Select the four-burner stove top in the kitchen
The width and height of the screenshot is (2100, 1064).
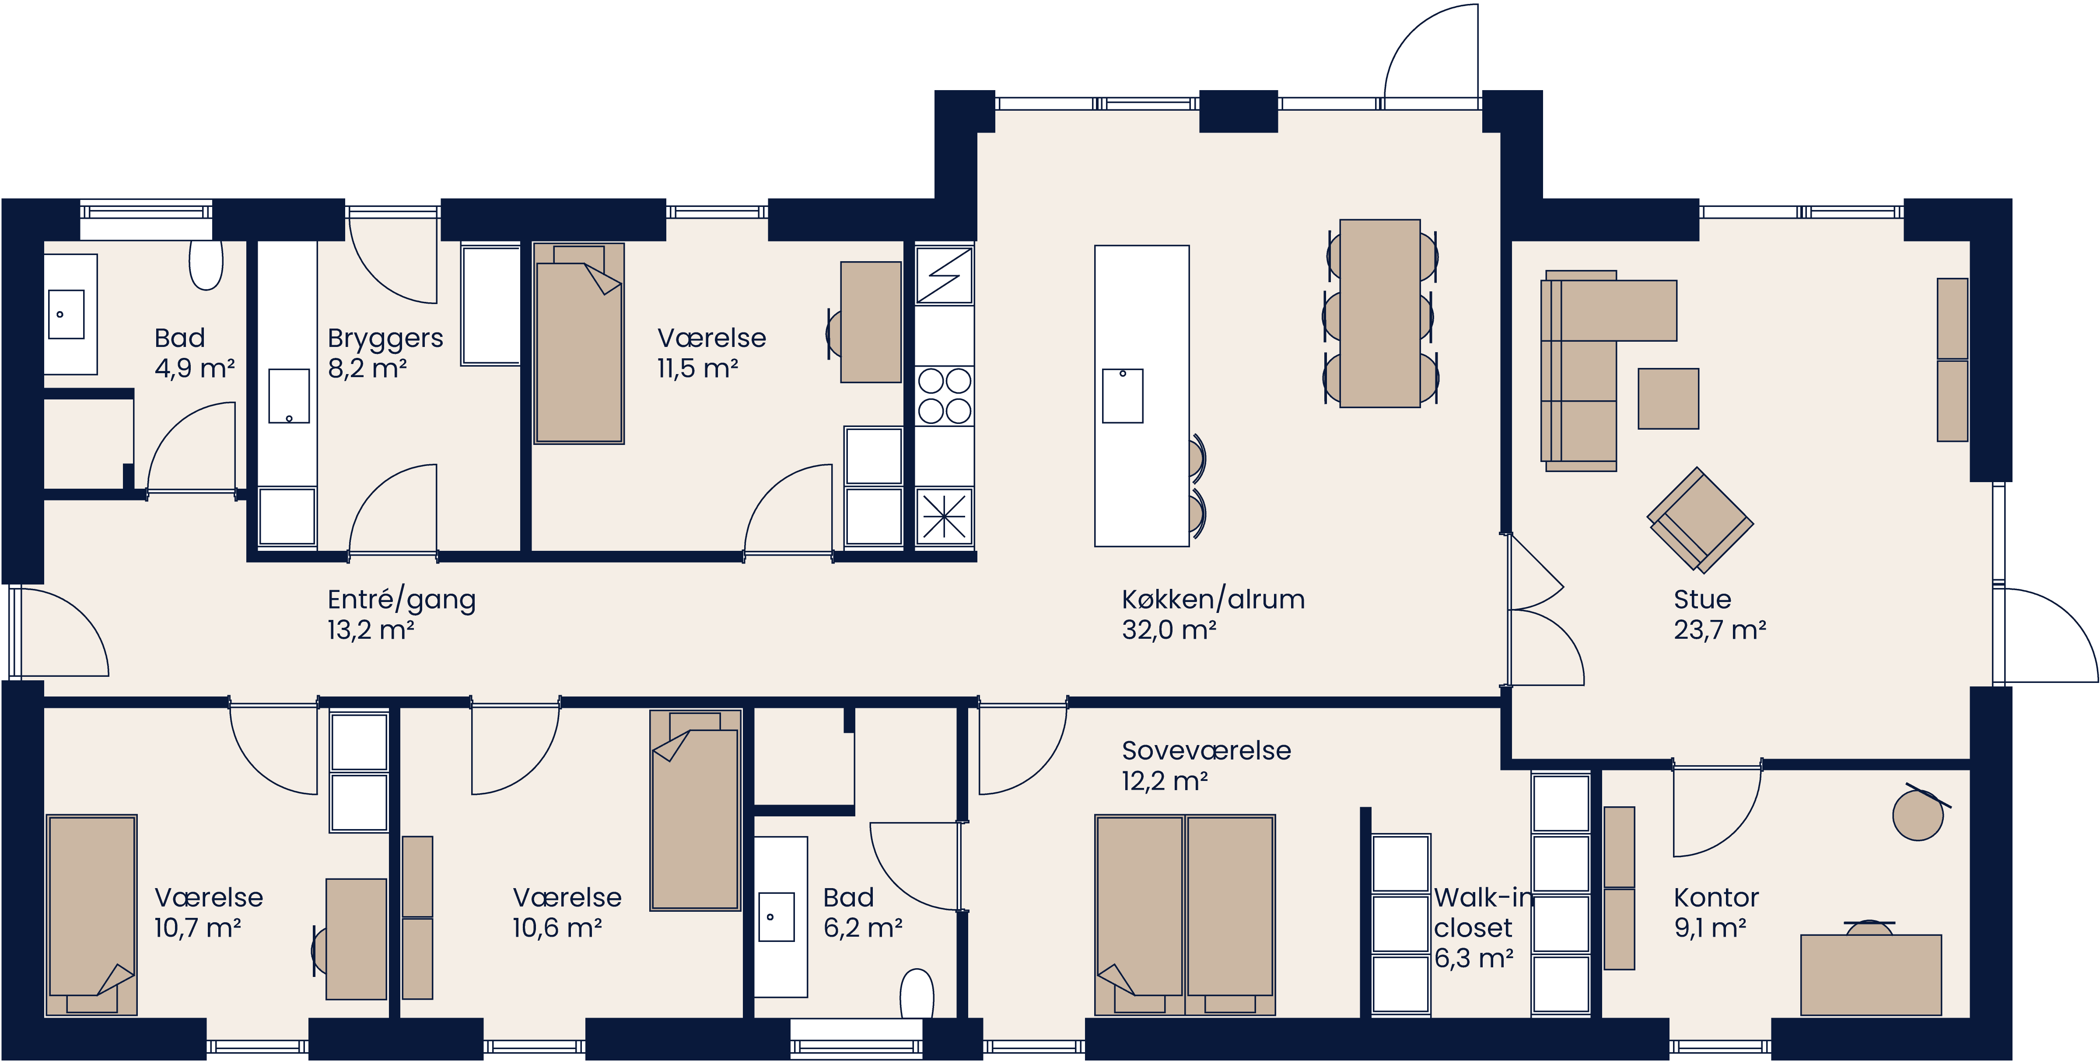coord(944,396)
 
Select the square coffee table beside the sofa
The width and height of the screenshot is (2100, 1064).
coord(1668,399)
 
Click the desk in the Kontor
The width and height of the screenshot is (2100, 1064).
coord(1870,974)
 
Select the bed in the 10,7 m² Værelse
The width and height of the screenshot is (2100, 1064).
coord(91,913)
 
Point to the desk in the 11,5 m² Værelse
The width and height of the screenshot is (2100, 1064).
coord(871,322)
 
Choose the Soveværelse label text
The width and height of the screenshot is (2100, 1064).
coord(1206,751)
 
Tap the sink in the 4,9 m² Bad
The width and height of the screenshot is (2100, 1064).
coord(66,315)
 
